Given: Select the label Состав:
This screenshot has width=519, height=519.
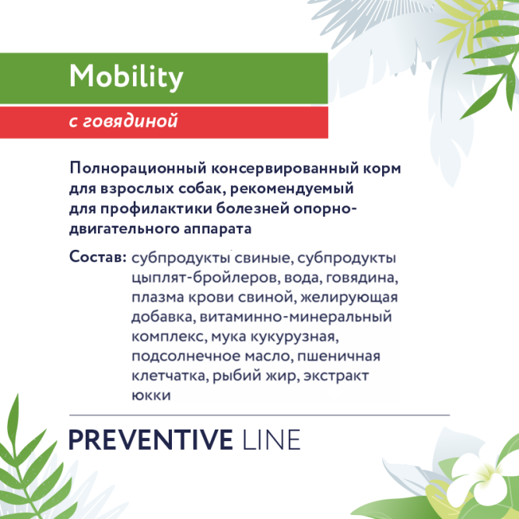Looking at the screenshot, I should [x=97, y=257].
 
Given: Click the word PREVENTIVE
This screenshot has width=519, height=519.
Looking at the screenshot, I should [x=151, y=439].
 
